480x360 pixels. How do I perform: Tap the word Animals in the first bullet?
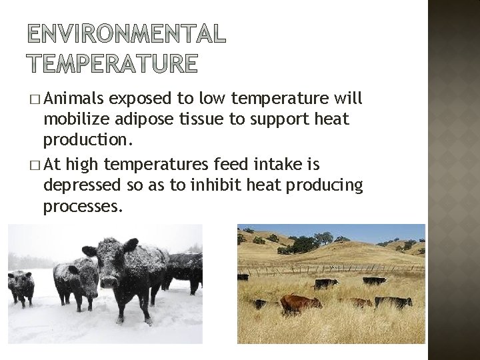(x=73, y=100)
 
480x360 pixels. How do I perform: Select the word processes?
(x=83, y=207)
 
